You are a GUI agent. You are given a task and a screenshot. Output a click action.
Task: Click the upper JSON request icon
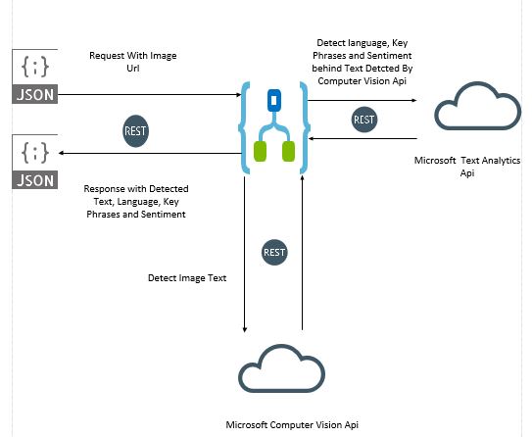pos(35,76)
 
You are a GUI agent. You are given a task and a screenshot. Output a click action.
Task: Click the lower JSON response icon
pos(35,162)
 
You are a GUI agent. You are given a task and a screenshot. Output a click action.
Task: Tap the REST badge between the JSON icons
pos(135,131)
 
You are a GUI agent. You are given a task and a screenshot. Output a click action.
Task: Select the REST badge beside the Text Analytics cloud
pos(364,120)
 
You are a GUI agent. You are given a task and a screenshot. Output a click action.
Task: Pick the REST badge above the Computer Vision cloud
pos(274,253)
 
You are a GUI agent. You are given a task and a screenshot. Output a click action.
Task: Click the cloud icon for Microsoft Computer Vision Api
pos(281,368)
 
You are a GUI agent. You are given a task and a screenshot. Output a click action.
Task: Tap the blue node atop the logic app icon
pos(274,100)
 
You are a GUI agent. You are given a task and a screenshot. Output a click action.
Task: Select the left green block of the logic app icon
pos(261,151)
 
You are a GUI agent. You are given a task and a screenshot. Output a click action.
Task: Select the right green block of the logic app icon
pos(288,151)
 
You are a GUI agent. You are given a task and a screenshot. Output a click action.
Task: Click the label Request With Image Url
pos(133,62)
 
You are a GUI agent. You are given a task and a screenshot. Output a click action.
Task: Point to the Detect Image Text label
pos(187,278)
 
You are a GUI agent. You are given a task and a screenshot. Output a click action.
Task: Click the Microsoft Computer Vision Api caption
pos(292,425)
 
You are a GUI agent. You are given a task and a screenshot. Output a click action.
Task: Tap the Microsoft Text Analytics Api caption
pos(467,167)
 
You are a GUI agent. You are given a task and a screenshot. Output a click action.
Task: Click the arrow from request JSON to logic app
pos(149,95)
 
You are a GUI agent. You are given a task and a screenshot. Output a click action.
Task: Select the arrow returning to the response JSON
pos(150,154)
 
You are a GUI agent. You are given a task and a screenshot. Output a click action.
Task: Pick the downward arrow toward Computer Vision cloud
pos(245,255)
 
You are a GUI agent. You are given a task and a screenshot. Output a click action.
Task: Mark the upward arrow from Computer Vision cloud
pos(303,252)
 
